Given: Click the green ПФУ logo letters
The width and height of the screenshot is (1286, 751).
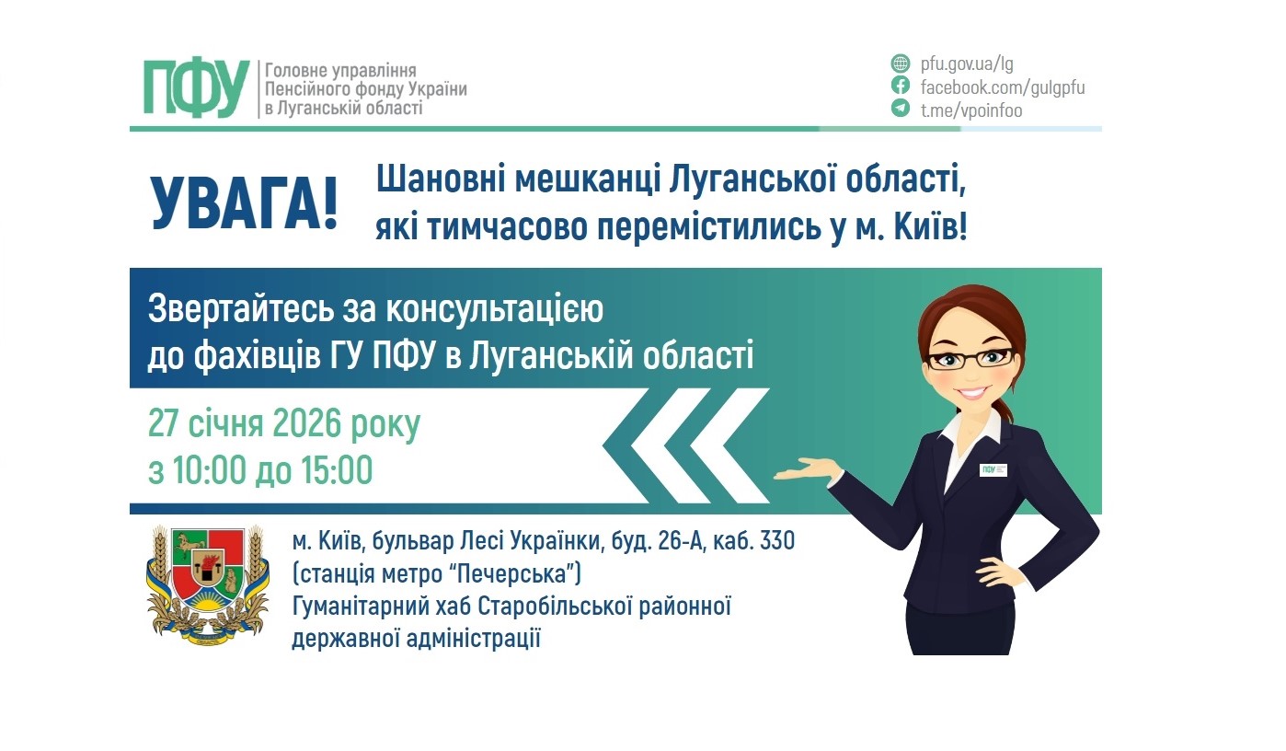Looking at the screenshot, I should pyautogui.click(x=197, y=88).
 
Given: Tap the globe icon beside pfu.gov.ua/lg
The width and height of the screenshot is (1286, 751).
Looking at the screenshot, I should pyautogui.click(x=900, y=64).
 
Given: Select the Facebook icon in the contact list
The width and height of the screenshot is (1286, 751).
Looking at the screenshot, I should pyautogui.click(x=900, y=87).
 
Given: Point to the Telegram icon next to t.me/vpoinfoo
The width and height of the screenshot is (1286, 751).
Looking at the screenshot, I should pyautogui.click(x=900, y=110).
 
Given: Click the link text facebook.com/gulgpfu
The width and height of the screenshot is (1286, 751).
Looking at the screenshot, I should pyautogui.click(x=1003, y=87).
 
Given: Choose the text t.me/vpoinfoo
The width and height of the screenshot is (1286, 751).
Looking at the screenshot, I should pyautogui.click(x=971, y=110).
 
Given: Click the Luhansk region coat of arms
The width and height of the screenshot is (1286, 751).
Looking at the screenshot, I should pyautogui.click(x=207, y=583).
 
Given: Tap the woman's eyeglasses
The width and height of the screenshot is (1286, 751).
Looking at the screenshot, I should pyautogui.click(x=971, y=358).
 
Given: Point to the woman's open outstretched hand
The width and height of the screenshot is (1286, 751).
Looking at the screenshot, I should pyautogui.click(x=804, y=471).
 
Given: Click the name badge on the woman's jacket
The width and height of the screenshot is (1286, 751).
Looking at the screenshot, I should pyautogui.click(x=993, y=469).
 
